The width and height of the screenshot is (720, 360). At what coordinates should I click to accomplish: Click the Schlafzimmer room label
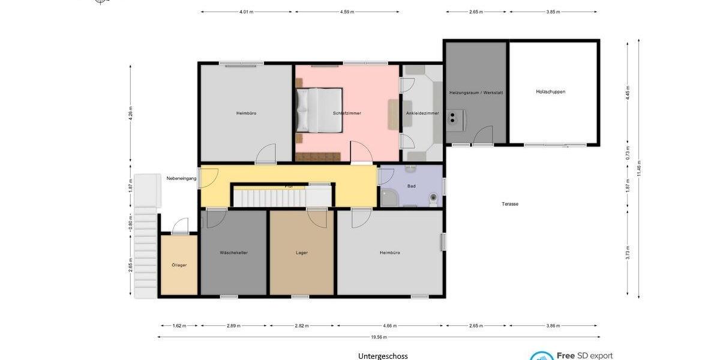(347, 113)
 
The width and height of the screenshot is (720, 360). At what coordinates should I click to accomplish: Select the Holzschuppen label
(550, 92)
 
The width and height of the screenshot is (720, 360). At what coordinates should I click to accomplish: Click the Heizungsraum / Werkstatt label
(476, 92)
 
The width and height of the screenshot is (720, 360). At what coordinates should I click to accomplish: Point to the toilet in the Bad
(433, 196)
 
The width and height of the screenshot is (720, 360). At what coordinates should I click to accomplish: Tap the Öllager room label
(178, 265)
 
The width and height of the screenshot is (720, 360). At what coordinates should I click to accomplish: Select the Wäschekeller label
(233, 253)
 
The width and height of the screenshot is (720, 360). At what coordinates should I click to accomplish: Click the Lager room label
(302, 253)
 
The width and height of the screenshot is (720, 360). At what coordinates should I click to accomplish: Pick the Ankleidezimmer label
(422, 113)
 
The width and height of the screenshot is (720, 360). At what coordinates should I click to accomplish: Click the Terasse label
(510, 204)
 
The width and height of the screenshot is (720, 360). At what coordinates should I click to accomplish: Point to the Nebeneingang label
(181, 178)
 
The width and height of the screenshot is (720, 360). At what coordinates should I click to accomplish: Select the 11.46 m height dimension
(639, 169)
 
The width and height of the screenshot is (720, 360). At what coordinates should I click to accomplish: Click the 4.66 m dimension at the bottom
(390, 326)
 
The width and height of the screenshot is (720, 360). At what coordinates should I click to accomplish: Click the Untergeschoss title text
(383, 356)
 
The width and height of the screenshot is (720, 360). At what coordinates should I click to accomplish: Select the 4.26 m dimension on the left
(130, 113)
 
